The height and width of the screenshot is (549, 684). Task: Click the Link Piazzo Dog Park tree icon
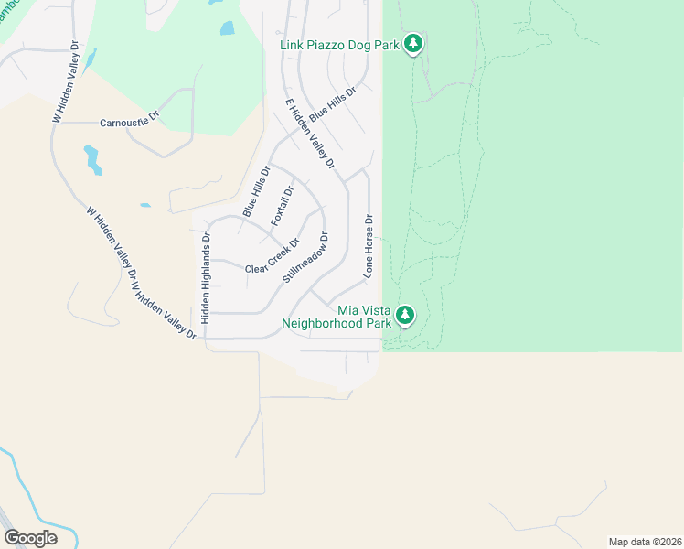pyautogui.click(x=413, y=43)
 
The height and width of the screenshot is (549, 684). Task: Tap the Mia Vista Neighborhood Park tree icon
pyautogui.click(x=405, y=316)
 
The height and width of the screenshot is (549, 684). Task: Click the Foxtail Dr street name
pyautogui.click(x=282, y=207)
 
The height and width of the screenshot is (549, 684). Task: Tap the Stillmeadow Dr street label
pyautogui.click(x=306, y=256)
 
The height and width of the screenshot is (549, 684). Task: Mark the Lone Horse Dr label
pyautogui.click(x=369, y=245)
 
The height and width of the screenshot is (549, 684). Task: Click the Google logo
pyautogui.click(x=30, y=537)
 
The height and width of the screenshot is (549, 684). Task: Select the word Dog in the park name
pyautogui.click(x=371, y=43)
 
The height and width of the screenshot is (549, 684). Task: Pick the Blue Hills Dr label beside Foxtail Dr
pyautogui.click(x=256, y=191)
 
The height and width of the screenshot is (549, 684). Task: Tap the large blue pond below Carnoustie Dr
pyautogui.click(x=92, y=160)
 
